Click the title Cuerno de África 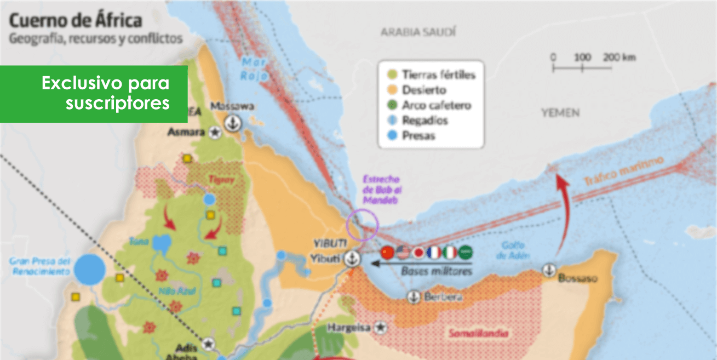tap(76, 21)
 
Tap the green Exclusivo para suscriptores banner tap(94, 94)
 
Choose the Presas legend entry tap(411, 135)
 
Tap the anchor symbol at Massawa tap(233, 123)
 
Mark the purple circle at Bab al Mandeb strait tap(363, 225)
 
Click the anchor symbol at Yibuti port tap(352, 260)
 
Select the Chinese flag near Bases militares tap(388, 252)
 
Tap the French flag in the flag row tap(434, 252)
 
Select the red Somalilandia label tap(478, 333)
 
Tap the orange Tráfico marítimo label tap(623, 172)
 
